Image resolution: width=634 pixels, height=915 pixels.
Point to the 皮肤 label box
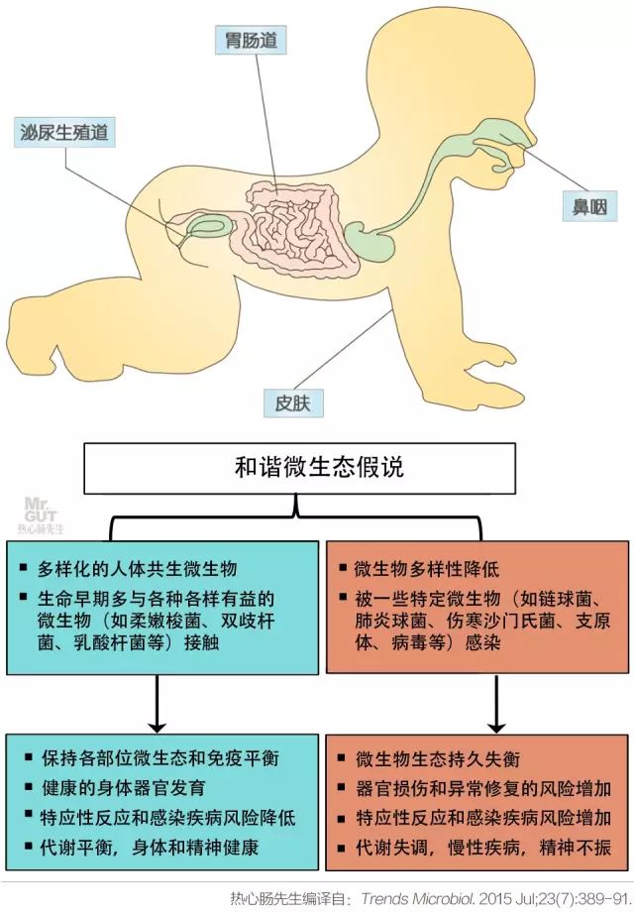[293, 403]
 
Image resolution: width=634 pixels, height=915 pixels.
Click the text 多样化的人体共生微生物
[138, 570]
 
